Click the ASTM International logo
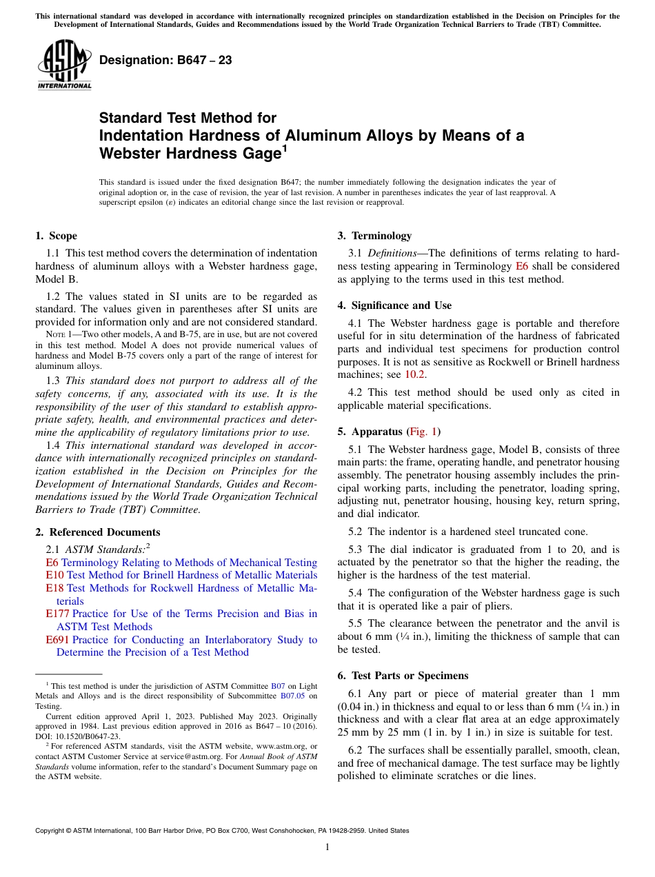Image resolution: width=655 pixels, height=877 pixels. coord(64,66)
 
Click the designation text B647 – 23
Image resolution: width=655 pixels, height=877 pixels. coord(165,61)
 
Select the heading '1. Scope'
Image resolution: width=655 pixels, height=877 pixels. coord(56,236)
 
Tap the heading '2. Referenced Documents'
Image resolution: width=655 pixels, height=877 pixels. coord(98,532)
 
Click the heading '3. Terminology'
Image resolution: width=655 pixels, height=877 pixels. coord(374,236)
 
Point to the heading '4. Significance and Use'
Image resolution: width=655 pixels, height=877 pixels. coord(394,305)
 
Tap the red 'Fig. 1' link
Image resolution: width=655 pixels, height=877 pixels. coord(423,432)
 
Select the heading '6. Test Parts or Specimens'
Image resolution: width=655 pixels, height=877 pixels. coord(403,675)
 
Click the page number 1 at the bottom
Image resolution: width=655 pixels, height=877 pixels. coord(327,847)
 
